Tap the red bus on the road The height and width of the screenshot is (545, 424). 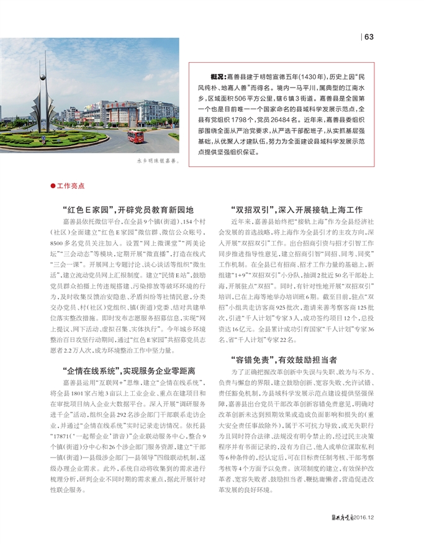tap(136, 135)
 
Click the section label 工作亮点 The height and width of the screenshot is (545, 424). tap(70, 186)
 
